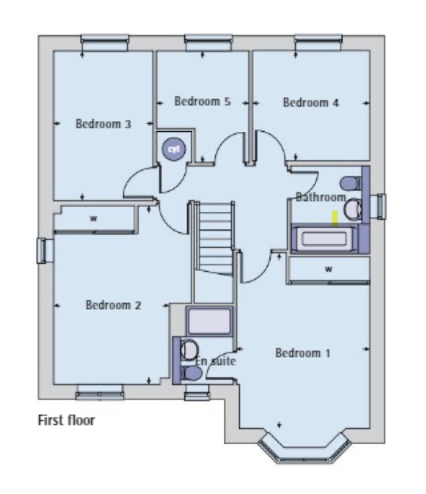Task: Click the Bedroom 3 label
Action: [x=103, y=124]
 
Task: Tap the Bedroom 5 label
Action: [x=202, y=101]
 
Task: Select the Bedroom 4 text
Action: [x=311, y=102]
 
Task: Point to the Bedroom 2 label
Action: [x=113, y=305]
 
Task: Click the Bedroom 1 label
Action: [x=302, y=353]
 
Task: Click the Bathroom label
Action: [x=320, y=197]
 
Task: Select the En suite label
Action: [x=216, y=361]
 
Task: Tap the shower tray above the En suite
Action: [x=209, y=321]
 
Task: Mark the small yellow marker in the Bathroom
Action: [x=335, y=219]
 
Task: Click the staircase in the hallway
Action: [x=215, y=238]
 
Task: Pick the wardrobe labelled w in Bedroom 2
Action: [x=94, y=219]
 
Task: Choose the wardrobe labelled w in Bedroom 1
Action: [x=329, y=269]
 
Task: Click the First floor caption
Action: [x=66, y=420]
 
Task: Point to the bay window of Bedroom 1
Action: [x=304, y=451]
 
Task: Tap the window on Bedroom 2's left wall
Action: [x=42, y=251]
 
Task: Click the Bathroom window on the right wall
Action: [x=381, y=207]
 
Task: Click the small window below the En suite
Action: [x=197, y=393]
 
